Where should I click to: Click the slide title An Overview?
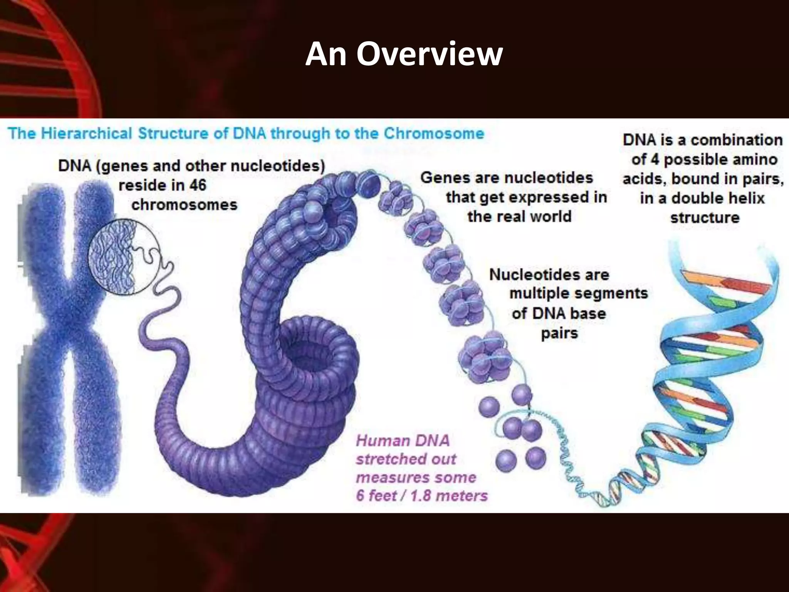coord(404,54)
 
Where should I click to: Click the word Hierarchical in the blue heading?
coord(86,134)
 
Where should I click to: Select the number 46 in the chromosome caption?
coord(198,185)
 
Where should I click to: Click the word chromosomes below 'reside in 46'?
coord(184,205)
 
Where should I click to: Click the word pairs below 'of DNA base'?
coord(559,333)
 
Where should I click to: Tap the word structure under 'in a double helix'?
coord(705,218)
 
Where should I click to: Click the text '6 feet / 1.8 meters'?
coord(421,496)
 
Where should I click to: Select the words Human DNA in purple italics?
coord(402,441)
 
